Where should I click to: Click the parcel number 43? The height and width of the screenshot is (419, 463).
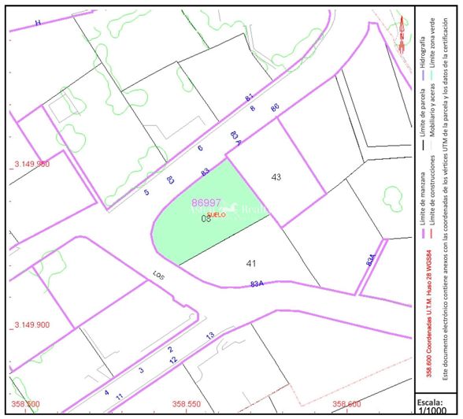(x=276, y=177)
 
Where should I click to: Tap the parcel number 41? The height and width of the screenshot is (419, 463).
(x=251, y=263)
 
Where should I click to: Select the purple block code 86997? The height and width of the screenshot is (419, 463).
(x=206, y=202)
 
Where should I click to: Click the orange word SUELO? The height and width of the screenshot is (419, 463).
(x=216, y=214)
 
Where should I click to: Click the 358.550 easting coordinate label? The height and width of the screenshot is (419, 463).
(x=187, y=404)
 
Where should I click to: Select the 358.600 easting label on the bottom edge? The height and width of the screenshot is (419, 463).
(x=346, y=404)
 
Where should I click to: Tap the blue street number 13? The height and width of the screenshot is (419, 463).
(x=209, y=336)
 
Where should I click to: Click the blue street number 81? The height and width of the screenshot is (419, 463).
(x=250, y=97)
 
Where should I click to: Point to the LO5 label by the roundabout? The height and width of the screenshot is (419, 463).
(x=158, y=276)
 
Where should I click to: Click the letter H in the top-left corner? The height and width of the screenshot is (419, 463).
(x=38, y=23)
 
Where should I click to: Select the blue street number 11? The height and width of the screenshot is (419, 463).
(x=119, y=396)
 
